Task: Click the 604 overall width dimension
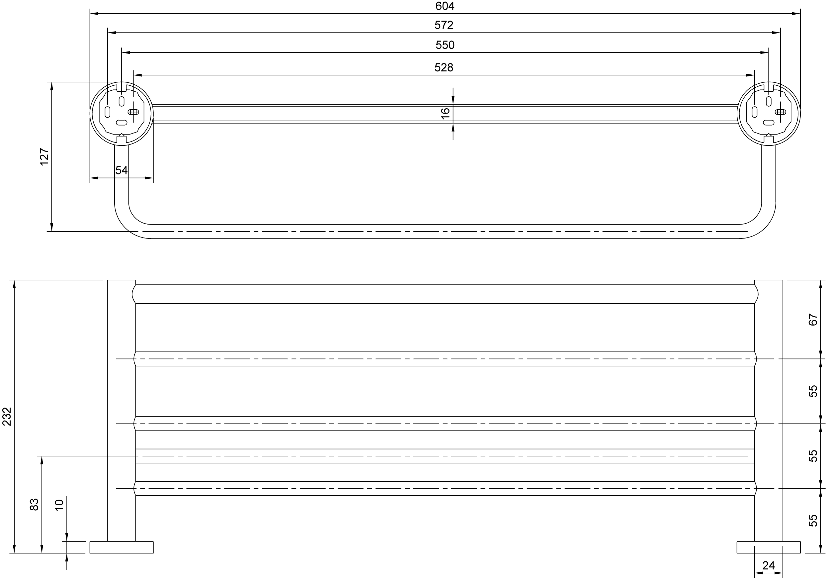445,6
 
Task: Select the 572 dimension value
444,25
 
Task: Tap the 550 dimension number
445,45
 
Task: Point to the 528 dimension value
444,68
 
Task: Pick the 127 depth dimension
44,156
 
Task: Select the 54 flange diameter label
122,170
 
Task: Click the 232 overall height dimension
7,417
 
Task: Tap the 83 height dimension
34,504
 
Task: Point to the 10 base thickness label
59,505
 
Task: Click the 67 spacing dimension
813,320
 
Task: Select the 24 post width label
769,565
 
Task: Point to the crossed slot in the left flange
133,112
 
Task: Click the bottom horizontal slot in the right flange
769,123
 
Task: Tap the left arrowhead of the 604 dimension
94,14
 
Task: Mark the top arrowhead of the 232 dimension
14,284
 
